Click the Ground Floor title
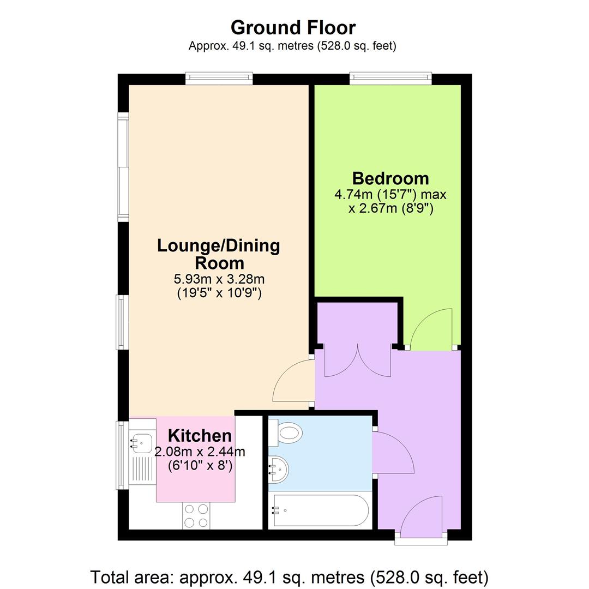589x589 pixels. click(293, 27)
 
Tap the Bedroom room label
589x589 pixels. click(390, 178)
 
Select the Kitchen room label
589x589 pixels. click(200, 436)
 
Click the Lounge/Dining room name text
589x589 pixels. click(218, 254)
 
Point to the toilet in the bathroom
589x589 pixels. click(287, 433)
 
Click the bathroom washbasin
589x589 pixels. click(280, 468)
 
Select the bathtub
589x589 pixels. click(321, 510)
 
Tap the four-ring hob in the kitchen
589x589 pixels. click(196, 515)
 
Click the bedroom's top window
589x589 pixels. click(390, 79)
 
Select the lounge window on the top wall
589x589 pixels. click(219, 79)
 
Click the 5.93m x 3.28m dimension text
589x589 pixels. click(219, 279)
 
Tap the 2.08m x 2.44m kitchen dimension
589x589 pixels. click(200, 452)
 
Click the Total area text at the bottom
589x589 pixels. click(289, 576)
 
